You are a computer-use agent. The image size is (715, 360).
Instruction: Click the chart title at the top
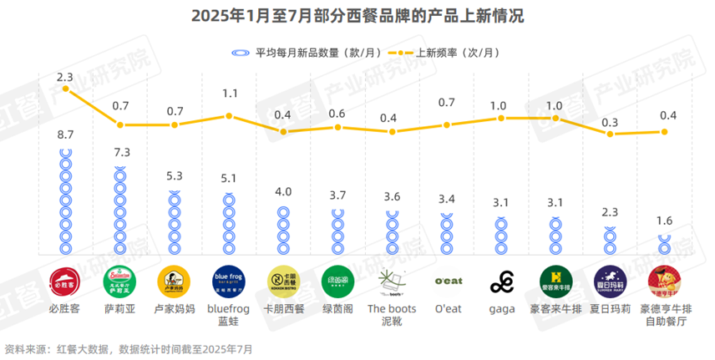click(357, 16)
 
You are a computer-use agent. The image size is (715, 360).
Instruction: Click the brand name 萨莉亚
click(119, 309)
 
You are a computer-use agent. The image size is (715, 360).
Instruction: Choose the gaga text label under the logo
click(501, 309)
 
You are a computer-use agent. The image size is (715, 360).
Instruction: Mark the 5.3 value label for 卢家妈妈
click(174, 176)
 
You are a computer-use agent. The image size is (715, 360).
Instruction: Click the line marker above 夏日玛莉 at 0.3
click(611, 134)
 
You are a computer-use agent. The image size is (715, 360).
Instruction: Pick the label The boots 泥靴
click(392, 315)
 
